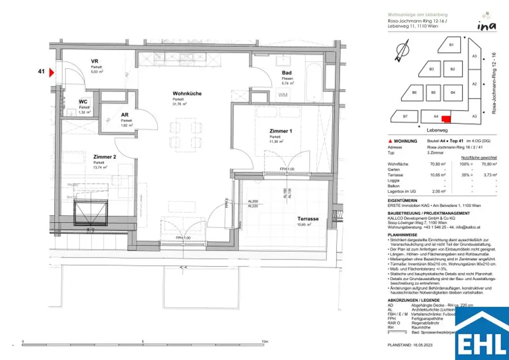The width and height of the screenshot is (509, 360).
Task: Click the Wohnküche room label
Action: pyautogui.click(x=187, y=93)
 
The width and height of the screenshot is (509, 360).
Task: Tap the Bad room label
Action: pyautogui.click(x=287, y=73)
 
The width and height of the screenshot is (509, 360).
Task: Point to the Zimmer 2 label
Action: pyautogui.click(x=104, y=157)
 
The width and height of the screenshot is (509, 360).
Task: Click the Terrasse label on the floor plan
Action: pyautogui.click(x=308, y=219)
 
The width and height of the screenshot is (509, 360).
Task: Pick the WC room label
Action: pyautogui.click(x=84, y=102)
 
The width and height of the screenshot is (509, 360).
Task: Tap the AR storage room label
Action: pyautogui.click(x=125, y=115)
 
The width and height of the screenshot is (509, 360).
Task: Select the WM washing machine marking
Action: pyautogui.click(x=283, y=94)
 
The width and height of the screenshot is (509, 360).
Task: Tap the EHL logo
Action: pyautogui.click(x=480, y=333)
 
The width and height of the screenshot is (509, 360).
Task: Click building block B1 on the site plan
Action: pyautogui.click(x=451, y=45)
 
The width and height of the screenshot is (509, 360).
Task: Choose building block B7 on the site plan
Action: pyautogui.click(x=405, y=116)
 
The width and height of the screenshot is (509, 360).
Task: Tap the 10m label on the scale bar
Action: pyautogui.click(x=264, y=342)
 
